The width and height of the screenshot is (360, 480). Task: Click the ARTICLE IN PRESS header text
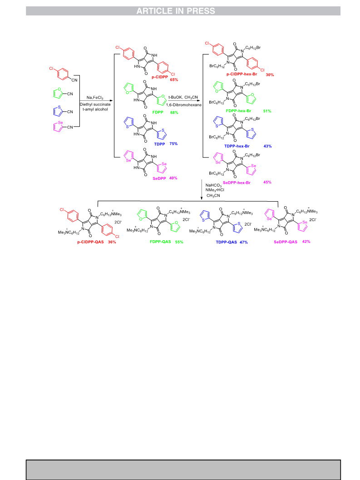point(176,11)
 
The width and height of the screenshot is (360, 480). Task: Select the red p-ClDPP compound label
point(160,77)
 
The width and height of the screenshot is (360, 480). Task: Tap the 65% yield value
point(174,79)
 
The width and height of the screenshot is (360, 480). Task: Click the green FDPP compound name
point(158,112)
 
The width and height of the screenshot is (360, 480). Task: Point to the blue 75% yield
point(173,144)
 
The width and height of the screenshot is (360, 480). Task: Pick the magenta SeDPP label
point(159,178)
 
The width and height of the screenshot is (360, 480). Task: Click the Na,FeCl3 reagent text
point(95,98)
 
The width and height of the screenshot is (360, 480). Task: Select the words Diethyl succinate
point(95,104)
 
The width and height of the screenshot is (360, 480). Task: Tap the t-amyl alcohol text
point(95,109)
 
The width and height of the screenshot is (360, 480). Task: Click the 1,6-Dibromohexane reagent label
point(184,105)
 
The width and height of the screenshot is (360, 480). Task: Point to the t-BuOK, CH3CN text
point(183,97)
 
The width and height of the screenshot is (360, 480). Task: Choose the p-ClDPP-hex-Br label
point(242,74)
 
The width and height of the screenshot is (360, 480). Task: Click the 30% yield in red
point(270,74)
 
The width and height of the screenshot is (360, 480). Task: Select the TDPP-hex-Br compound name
point(237,146)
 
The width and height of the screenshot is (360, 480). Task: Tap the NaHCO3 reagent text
point(213,185)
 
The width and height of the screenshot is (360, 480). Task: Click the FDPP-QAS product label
point(160,242)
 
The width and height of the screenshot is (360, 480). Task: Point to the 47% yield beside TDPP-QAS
point(244,242)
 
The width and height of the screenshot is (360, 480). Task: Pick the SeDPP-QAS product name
point(285,242)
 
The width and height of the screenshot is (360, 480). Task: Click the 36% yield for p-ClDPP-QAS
point(112,242)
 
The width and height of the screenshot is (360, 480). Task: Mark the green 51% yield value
point(267,111)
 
